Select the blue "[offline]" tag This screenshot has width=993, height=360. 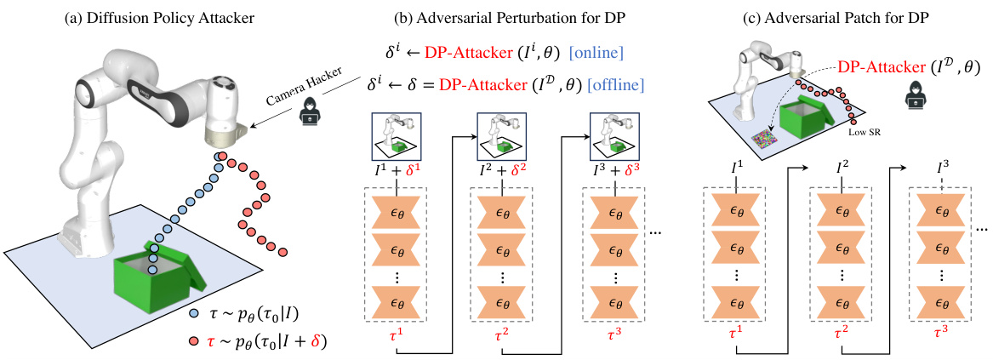(x=608, y=85)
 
